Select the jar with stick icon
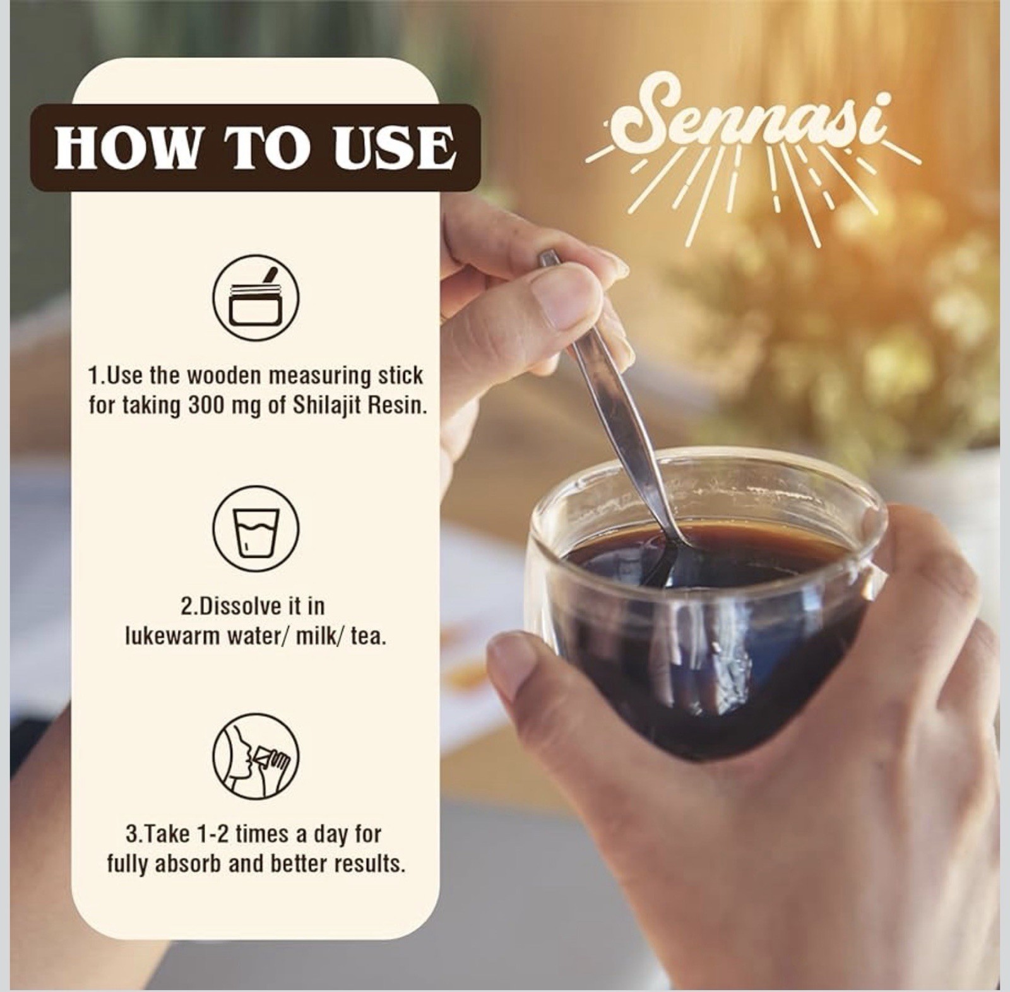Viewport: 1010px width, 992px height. pyautogui.click(x=256, y=298)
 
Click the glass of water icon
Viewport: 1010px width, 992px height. pyautogui.click(x=256, y=529)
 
